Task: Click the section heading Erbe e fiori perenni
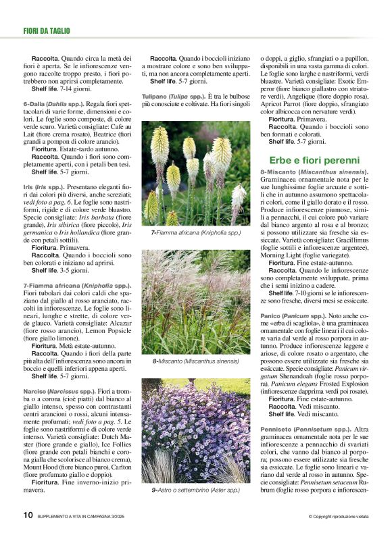click(314, 160)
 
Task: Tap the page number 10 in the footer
click(28, 515)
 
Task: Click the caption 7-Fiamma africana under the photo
click(195, 232)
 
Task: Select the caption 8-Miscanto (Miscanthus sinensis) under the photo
click(195, 361)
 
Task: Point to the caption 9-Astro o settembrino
click(195, 490)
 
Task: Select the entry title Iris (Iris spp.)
click(46, 185)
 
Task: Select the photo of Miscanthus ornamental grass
click(195, 302)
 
